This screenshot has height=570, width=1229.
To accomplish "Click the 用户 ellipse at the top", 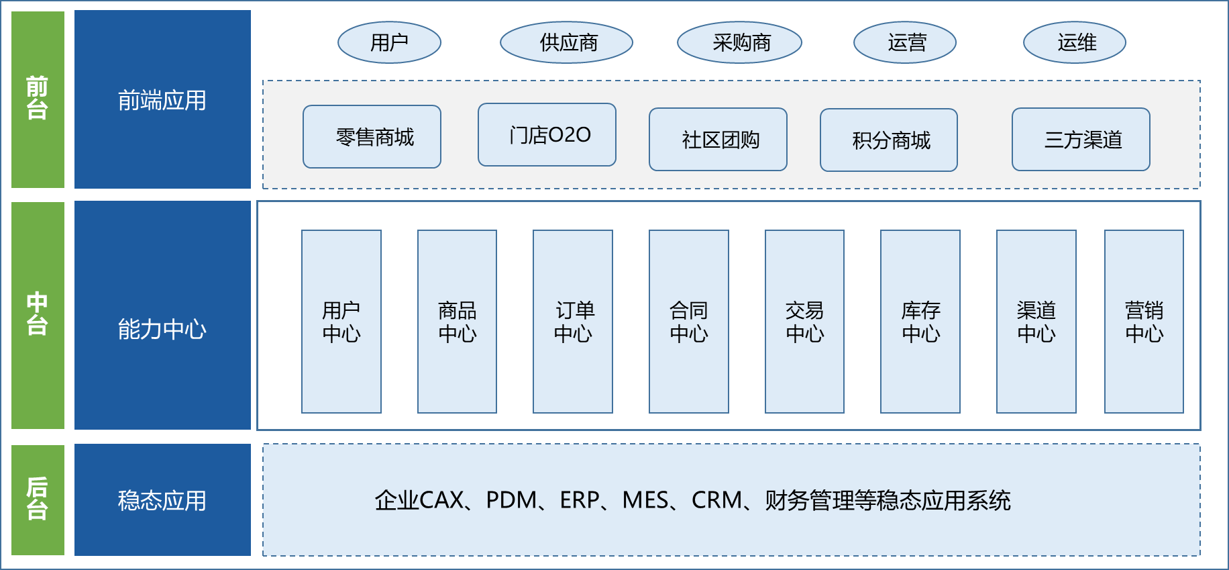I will pos(389,43).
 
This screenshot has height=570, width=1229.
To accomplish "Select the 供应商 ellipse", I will pos(567,43).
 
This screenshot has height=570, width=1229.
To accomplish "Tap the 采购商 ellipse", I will pos(739,43).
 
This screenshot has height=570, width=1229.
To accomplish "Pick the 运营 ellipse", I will pos(905,43).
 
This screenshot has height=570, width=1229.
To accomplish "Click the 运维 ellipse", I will pos(1075,43).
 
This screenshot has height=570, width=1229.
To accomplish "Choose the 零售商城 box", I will pos(372,137).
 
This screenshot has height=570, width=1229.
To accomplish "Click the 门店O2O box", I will pos(547,135).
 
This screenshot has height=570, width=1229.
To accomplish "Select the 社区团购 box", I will pos(718,140).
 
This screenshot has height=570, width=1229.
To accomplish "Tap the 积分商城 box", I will pos(889,140).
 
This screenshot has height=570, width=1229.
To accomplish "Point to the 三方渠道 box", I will pos(1081,140).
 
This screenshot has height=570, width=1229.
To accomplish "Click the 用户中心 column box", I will pos(341,322).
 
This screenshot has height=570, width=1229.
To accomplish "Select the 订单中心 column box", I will pos(573,322).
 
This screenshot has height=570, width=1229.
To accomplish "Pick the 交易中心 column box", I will pos(804,322).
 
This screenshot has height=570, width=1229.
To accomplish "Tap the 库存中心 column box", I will pos(920,322).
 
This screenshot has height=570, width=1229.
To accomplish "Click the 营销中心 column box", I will pos(1144,322).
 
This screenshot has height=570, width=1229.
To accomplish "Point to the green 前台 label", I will pos(38,99).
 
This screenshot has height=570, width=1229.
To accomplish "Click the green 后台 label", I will pos(38,500).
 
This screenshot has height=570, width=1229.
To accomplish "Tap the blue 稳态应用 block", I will pos(162,500).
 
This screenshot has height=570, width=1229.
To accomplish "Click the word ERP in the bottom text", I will pos(579,500).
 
